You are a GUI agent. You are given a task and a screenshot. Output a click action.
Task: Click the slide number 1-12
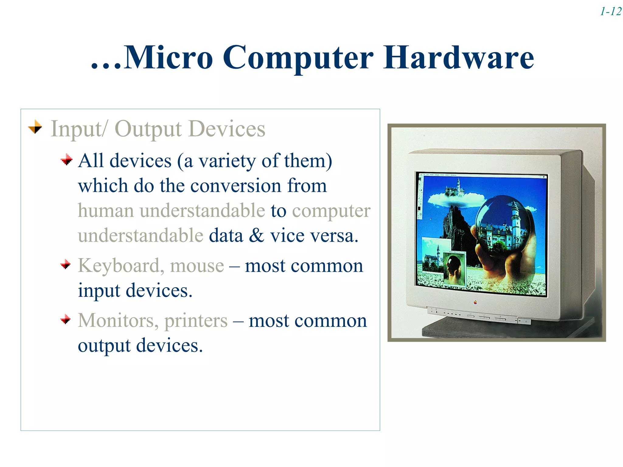click(x=611, y=12)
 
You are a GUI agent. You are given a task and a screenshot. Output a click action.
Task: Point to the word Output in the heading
click(x=148, y=129)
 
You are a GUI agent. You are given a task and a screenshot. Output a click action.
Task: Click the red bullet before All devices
click(x=66, y=159)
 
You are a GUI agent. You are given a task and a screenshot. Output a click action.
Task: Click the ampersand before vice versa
click(x=256, y=236)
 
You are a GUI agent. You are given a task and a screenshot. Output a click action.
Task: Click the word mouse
click(x=197, y=266)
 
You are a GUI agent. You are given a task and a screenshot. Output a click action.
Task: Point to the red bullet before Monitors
click(x=66, y=319)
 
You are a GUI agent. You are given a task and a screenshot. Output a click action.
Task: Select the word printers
click(x=196, y=321)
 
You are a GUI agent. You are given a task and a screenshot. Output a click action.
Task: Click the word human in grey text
click(x=106, y=211)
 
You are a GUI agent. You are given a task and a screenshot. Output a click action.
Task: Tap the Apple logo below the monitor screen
click(x=475, y=302)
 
